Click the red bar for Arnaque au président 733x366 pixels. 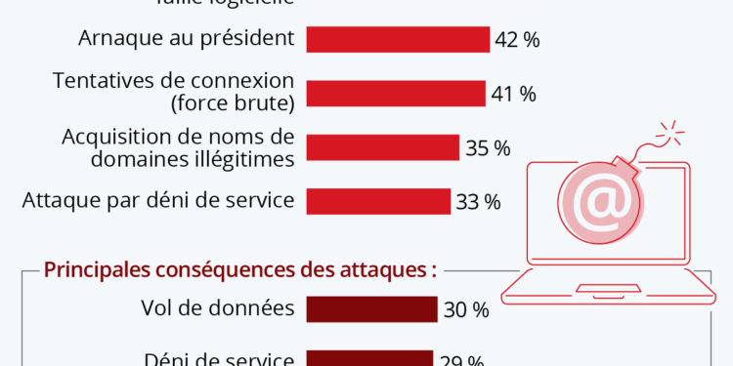click(x=398, y=39)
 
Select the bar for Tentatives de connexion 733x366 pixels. click(x=396, y=93)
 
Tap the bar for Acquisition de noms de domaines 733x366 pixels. click(x=383, y=147)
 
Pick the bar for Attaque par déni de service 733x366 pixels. click(x=378, y=201)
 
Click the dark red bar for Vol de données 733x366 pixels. click(x=371, y=308)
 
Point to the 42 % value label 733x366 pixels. click(x=518, y=40)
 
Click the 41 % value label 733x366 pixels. click(x=514, y=94)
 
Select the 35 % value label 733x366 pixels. click(x=488, y=148)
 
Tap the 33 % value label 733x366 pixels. click(x=478, y=202)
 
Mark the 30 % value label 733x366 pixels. click(x=465, y=309)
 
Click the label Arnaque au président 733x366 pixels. click(x=186, y=40)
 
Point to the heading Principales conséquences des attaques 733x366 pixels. click(x=240, y=269)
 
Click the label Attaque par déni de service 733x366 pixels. click(x=158, y=202)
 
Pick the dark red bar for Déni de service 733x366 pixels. click(x=369, y=358)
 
